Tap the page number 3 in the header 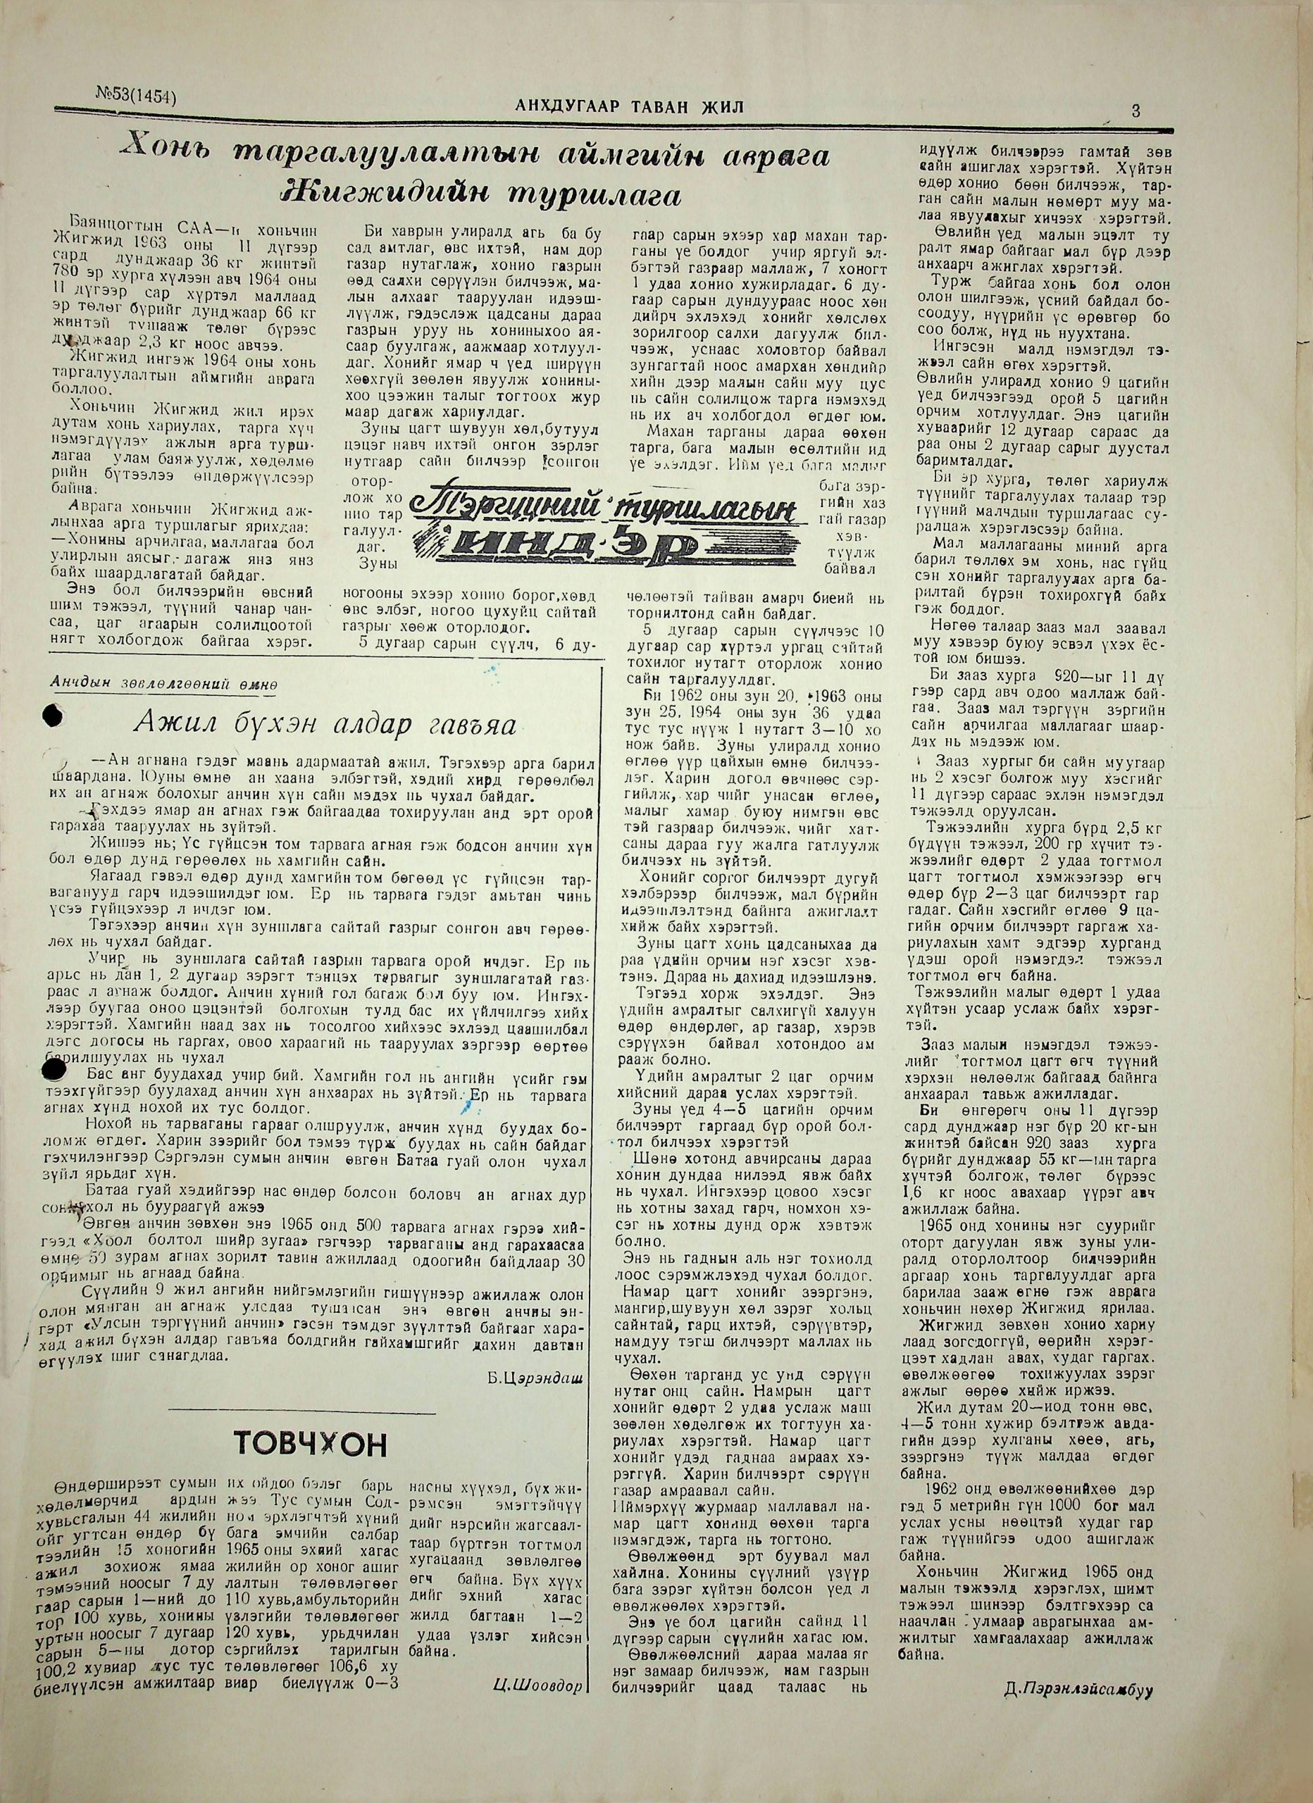click(x=1135, y=111)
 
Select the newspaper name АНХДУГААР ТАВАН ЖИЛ click(x=630, y=106)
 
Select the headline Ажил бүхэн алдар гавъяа click(x=325, y=721)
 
